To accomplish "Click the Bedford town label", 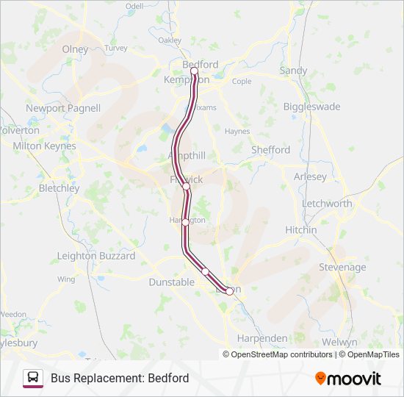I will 200,65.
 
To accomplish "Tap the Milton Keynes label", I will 44,146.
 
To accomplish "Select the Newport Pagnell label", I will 63,108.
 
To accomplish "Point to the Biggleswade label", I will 312,107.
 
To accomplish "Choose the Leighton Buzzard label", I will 96,256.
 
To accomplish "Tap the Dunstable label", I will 171,282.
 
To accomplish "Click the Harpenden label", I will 262,338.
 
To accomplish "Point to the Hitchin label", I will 301,229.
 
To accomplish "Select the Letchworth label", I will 327,204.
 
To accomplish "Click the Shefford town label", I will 271,150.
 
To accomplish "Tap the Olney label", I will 75,49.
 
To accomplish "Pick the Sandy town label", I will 293,71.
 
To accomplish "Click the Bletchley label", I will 59,188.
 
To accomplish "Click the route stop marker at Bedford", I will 195,71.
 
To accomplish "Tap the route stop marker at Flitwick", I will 187,187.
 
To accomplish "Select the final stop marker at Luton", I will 229,291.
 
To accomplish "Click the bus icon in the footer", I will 33,378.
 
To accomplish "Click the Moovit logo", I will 348,379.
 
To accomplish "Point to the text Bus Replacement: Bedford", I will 120,378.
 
